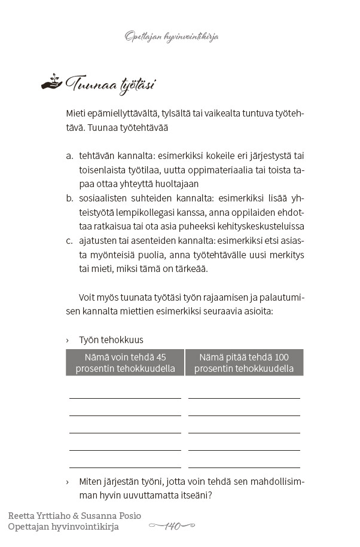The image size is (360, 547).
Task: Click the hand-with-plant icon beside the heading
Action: click(51, 82)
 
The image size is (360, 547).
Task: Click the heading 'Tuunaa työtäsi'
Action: click(110, 84)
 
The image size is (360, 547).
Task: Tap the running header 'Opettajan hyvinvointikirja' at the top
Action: click(172, 37)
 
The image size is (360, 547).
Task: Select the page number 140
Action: click(172, 526)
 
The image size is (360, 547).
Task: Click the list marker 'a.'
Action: click(69, 155)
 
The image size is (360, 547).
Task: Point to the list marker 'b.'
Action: click(69, 198)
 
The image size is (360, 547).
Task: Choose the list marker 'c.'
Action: click(69, 241)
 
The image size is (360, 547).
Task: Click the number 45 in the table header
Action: click(160, 357)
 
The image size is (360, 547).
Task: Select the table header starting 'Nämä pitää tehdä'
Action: click(244, 362)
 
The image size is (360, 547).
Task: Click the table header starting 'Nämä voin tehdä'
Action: click(125, 362)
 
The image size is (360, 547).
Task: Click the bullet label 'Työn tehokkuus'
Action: click(111, 340)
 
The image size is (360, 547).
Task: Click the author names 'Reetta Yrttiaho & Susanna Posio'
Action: click(75, 515)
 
